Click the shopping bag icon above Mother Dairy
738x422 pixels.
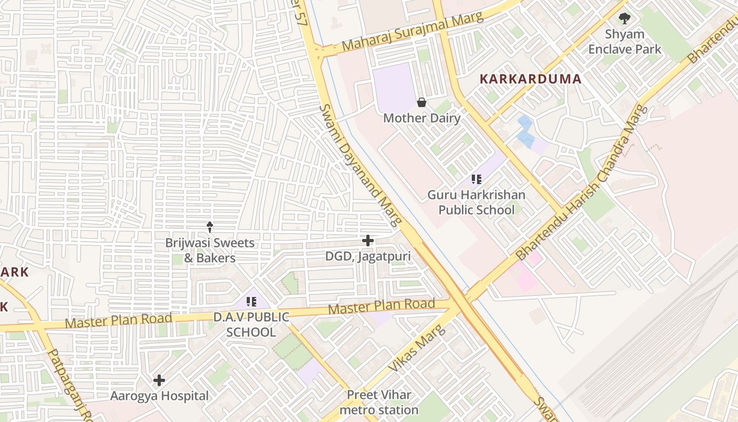coord(421,102)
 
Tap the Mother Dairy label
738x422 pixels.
coord(421,118)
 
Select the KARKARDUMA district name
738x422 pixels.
coord(530,79)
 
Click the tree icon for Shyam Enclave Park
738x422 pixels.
coord(625,19)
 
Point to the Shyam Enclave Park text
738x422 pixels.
coord(625,42)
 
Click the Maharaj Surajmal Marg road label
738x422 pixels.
coord(412,32)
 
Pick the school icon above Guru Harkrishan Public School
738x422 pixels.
coord(477,179)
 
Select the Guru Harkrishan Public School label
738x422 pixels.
coord(477,203)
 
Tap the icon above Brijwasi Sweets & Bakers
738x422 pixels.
coord(210,227)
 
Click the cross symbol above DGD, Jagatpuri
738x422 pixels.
coord(368,241)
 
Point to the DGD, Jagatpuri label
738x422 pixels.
coord(368,256)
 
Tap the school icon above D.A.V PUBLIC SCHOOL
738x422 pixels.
coord(251,302)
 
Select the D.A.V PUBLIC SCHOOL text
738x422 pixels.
coord(251,324)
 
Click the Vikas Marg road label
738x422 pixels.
coord(417,348)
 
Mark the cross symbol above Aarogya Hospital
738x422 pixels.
coord(159,380)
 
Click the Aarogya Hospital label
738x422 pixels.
coord(159,396)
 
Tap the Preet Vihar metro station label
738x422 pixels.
coord(378,402)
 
